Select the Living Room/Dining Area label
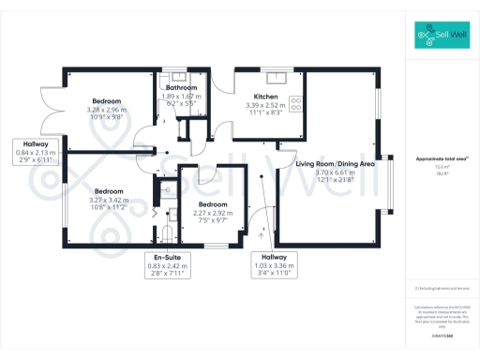tap(336, 164)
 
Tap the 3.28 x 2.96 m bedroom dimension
tap(105, 109)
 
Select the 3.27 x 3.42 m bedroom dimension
tap(105, 199)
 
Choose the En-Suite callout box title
tap(168, 257)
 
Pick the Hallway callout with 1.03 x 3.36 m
tap(274, 257)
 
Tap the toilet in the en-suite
tap(168, 232)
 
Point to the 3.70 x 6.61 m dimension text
tap(335, 172)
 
